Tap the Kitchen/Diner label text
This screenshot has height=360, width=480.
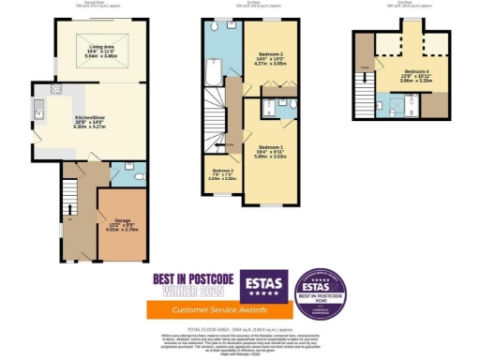pos(90,122)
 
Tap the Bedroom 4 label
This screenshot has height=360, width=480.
pos(417,74)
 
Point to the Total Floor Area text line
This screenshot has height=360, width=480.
pos(239,330)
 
